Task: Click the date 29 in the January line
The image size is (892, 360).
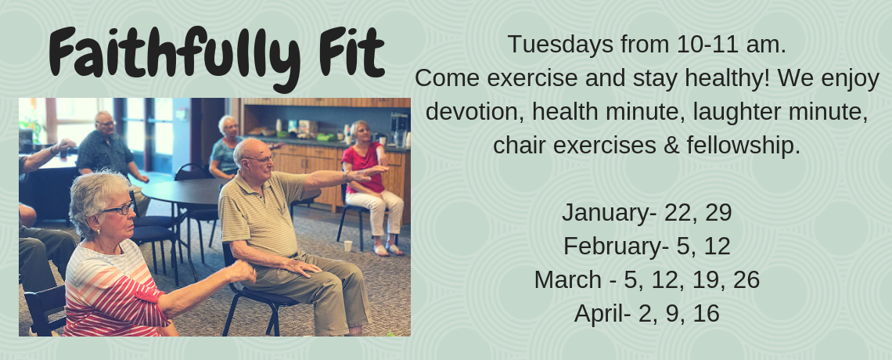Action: coord(718,213)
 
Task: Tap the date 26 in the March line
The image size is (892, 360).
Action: coord(746,280)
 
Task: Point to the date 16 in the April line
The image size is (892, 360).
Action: coord(706,313)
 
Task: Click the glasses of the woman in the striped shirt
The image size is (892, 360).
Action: coord(120,209)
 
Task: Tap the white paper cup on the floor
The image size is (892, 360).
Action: coord(347,246)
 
